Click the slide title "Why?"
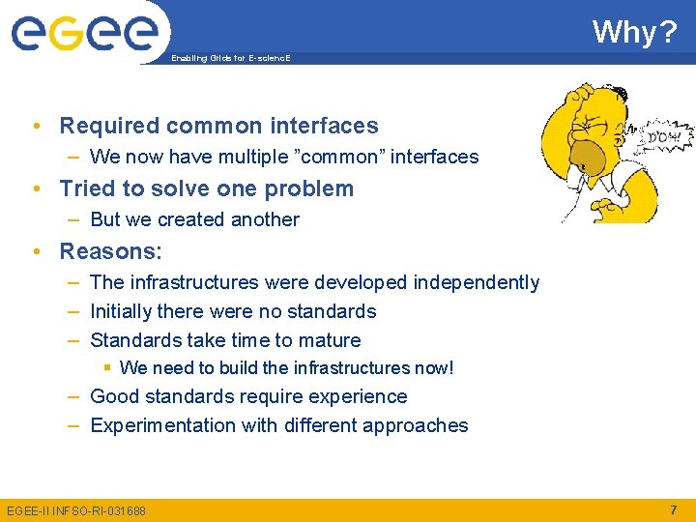[x=634, y=32]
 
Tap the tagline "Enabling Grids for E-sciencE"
[x=230, y=59]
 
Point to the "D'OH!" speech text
[x=662, y=137]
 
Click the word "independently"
[x=476, y=282]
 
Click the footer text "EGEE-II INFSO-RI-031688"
[x=76, y=509]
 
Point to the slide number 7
[x=673, y=508]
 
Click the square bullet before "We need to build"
[x=109, y=367]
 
